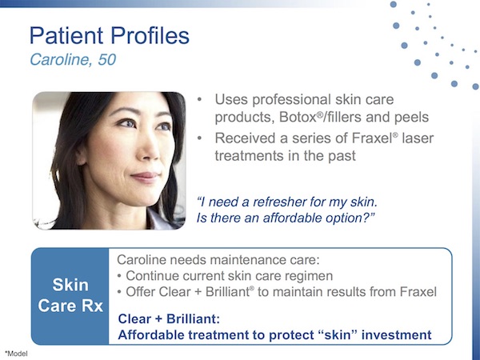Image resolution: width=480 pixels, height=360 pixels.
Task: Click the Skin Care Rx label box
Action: [x=70, y=295]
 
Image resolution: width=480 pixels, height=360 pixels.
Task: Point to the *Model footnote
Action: [x=16, y=352]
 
